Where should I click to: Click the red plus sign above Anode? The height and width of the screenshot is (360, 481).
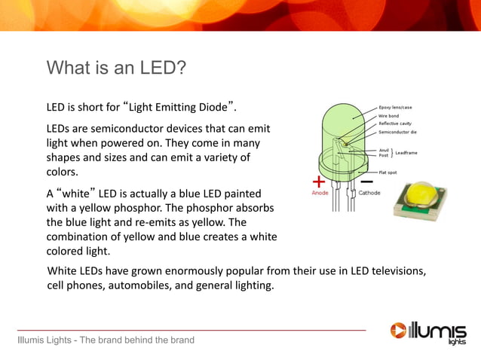pos(319,182)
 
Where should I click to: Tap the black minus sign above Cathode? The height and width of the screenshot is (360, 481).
pos(367,182)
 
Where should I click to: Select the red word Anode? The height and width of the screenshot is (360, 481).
pos(320,193)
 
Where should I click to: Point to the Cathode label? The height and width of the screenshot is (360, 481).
pos(369,193)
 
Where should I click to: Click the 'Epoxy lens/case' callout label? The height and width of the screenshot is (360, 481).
pos(395,107)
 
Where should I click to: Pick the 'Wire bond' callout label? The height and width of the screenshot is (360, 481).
pos(389,115)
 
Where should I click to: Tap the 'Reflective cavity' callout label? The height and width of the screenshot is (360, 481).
pos(394,124)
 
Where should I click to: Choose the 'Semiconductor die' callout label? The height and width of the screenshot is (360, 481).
pos(397,132)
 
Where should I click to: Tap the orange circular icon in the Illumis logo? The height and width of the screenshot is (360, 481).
pos(398,330)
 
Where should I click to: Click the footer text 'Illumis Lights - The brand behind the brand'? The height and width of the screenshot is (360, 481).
pos(106,340)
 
